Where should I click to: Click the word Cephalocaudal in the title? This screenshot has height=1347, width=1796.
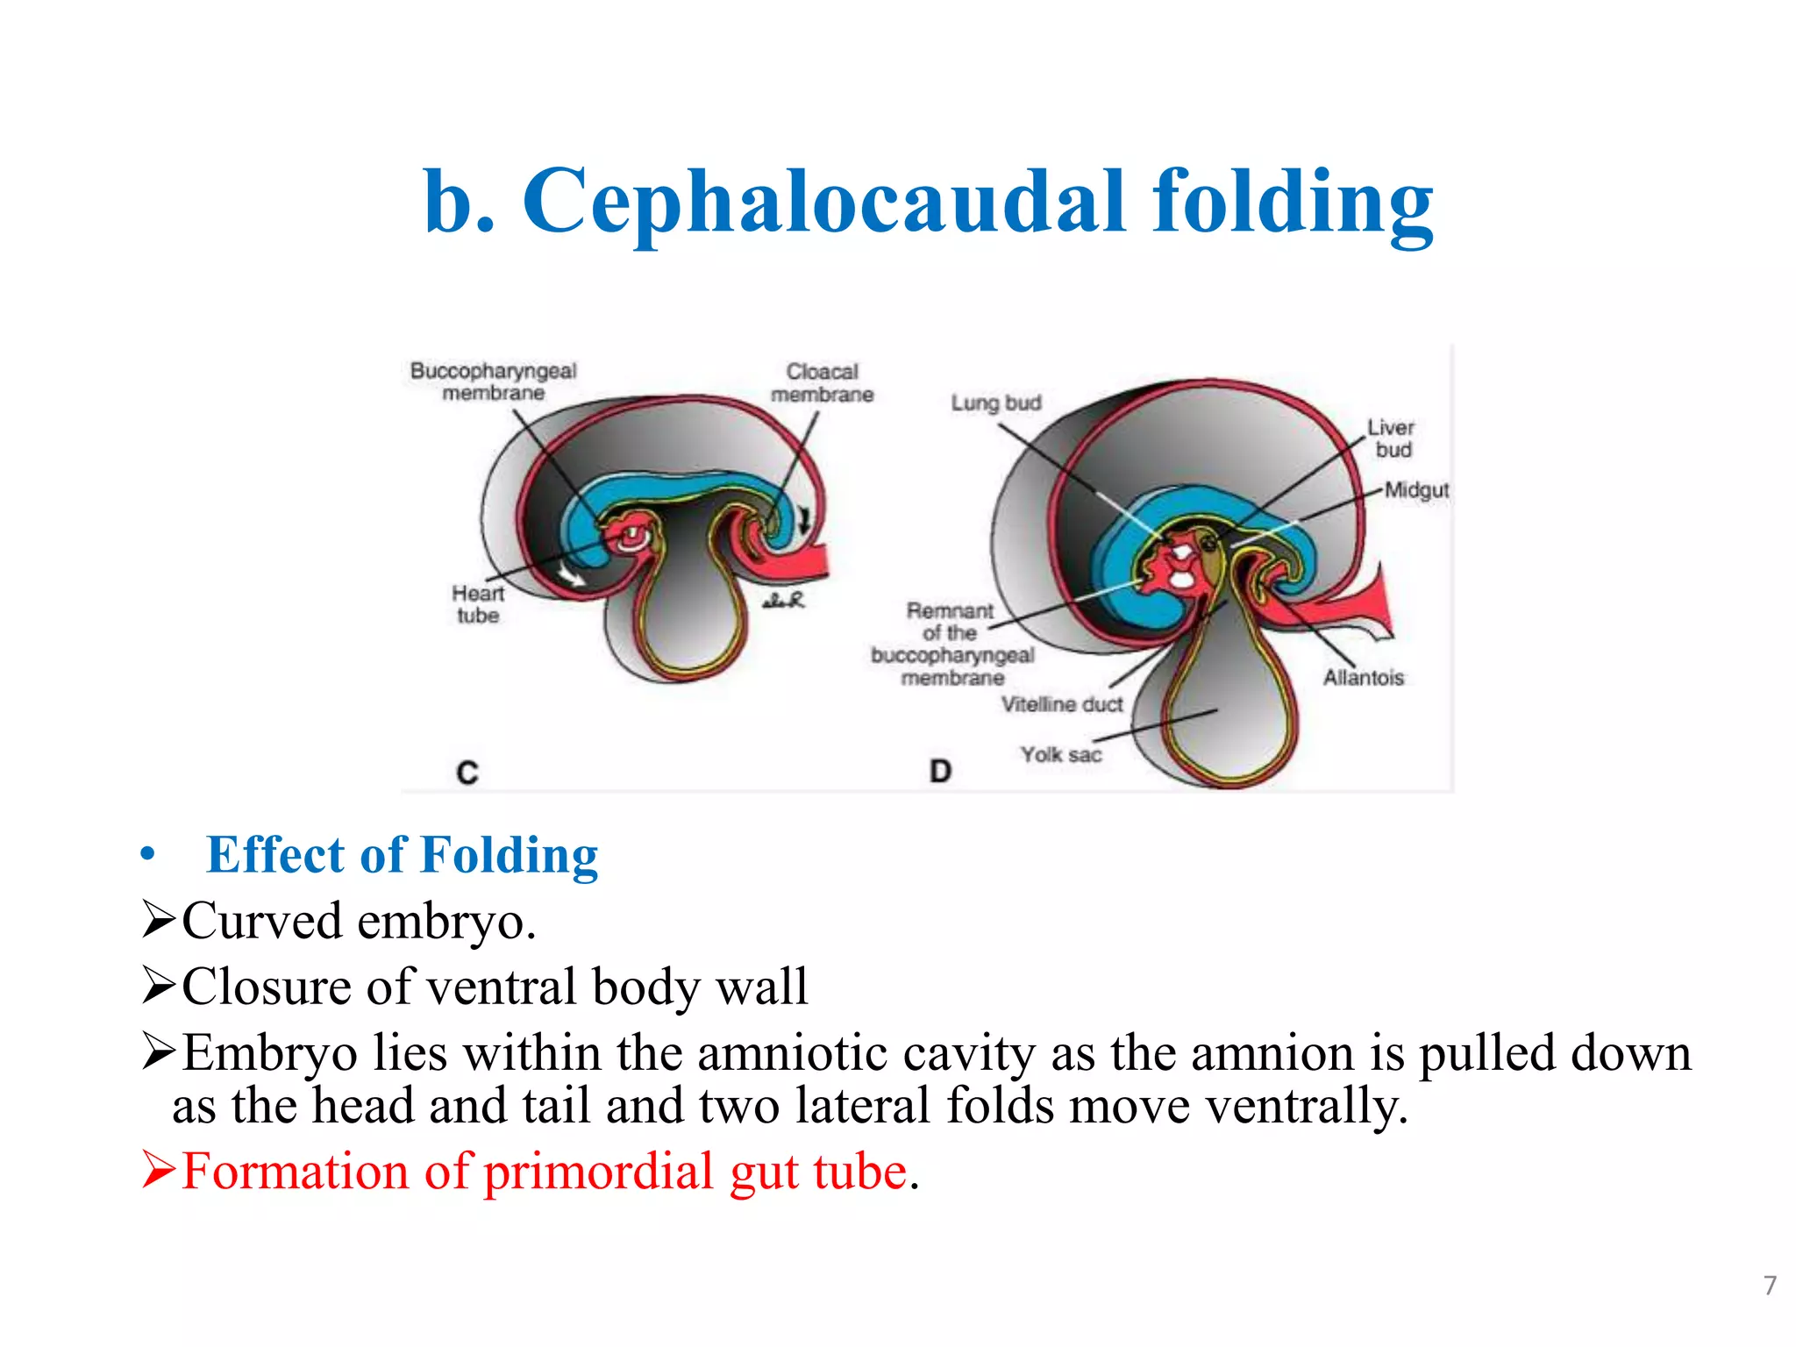pyautogui.click(x=824, y=203)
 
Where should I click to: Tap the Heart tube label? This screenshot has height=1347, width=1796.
pyautogui.click(x=478, y=604)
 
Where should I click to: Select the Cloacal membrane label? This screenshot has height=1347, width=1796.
pyautogui.click(x=822, y=383)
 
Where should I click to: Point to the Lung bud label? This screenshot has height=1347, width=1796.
pyautogui.click(x=996, y=403)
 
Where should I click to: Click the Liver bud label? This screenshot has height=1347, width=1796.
pyautogui.click(x=1391, y=438)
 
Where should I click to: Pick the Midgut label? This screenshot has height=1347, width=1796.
pyautogui.click(x=1416, y=490)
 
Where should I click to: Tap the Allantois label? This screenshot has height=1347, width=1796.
pyautogui.click(x=1364, y=677)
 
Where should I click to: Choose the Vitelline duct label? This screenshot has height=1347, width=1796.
pyautogui.click(x=1062, y=704)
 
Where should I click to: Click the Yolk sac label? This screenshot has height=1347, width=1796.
pyautogui.click(x=1060, y=754)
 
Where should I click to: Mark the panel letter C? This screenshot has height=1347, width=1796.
pyautogui.click(x=467, y=773)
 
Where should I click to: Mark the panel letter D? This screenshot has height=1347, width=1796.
pyautogui.click(x=940, y=772)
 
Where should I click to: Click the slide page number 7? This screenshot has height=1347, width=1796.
pyautogui.click(x=1770, y=1286)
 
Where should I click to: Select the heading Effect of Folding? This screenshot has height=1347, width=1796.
pyautogui.click(x=402, y=855)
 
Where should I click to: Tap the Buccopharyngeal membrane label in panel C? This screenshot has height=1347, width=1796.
pyautogui.click(x=493, y=381)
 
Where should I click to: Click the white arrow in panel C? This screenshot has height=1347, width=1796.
pyautogui.click(x=573, y=575)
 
